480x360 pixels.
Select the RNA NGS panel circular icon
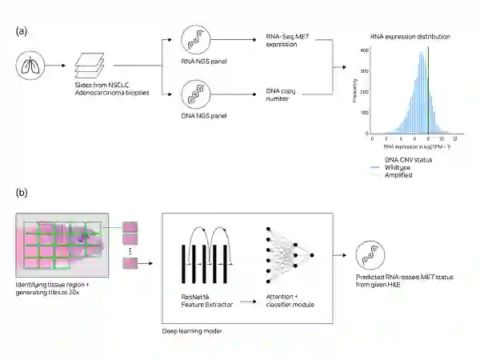point(196,40)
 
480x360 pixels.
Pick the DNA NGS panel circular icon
point(196,98)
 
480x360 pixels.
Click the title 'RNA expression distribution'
point(410,37)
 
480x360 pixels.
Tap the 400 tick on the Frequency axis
point(364,50)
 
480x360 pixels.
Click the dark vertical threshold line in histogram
point(428,88)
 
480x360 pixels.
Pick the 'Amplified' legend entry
point(398,174)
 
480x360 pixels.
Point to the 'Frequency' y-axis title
point(355,92)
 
